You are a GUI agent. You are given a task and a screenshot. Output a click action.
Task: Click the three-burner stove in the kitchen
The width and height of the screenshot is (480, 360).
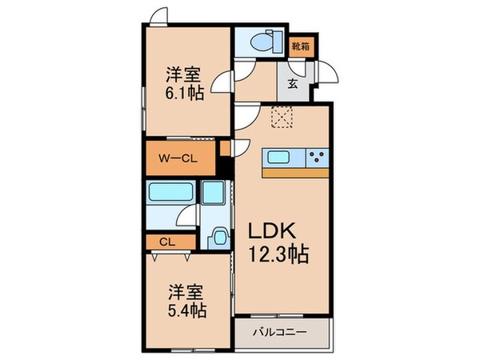click(x=316, y=156)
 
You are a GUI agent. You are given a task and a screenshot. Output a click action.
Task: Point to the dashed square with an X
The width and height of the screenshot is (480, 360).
click(x=282, y=118)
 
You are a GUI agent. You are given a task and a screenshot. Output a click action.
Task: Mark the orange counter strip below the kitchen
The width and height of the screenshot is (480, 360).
click(x=297, y=173)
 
